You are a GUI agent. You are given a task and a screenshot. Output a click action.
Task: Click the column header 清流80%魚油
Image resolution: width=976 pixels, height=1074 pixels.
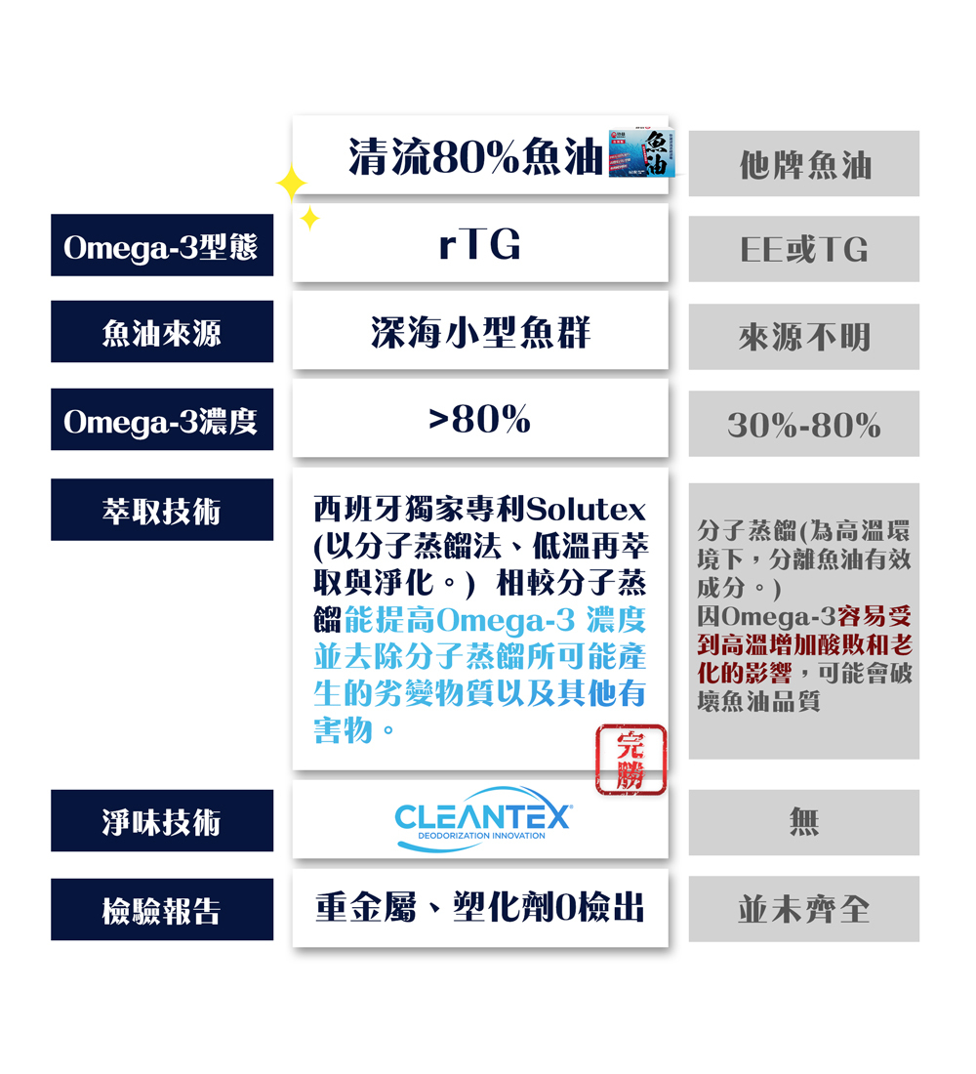[x=474, y=156]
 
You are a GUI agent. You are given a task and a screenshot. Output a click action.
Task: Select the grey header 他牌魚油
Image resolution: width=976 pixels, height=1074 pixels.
[x=804, y=165]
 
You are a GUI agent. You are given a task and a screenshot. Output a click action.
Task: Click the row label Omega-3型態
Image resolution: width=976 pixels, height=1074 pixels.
[x=161, y=246]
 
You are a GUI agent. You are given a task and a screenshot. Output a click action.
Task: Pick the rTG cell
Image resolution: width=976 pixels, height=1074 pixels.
[x=479, y=245]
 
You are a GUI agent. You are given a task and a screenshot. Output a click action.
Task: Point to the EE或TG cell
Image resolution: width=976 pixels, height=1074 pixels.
[x=804, y=250]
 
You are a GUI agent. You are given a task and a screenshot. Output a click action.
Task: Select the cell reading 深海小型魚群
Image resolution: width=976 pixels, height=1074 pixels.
[x=479, y=333]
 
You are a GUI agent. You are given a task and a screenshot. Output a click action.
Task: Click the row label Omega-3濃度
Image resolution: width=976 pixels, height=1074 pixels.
[x=161, y=421]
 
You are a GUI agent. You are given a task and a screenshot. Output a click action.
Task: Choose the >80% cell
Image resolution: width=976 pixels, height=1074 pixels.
[x=479, y=420]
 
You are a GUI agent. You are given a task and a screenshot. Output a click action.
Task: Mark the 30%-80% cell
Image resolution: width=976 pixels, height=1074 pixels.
[x=804, y=425]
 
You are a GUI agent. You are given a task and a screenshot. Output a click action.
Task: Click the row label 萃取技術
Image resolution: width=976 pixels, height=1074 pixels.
[x=161, y=510]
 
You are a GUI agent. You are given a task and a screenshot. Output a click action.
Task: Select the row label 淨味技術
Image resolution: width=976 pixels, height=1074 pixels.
[x=161, y=821]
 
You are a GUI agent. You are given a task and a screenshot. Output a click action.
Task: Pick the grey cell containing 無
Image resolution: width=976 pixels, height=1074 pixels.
[x=804, y=823]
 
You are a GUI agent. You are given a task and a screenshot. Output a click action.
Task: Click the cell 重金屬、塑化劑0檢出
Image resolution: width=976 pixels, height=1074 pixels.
[x=479, y=909]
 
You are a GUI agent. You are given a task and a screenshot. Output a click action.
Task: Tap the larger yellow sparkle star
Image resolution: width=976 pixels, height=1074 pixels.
[x=291, y=184]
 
